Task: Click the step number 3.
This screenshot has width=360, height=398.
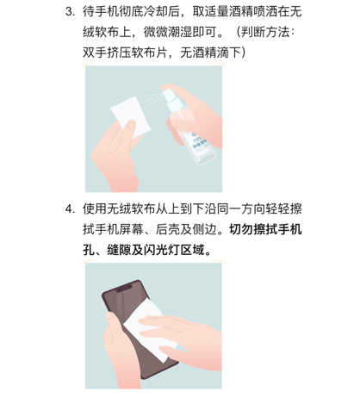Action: pyautogui.click(x=69, y=11)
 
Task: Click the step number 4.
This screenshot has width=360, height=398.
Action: pyautogui.click(x=69, y=208)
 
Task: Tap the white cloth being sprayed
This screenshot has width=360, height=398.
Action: pyautogui.click(x=131, y=117)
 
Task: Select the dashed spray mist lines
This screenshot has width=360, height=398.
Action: pyautogui.click(x=152, y=101)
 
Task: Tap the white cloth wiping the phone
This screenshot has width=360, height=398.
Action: pyautogui.click(x=148, y=330)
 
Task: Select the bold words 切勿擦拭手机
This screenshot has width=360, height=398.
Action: pyautogui.click(x=265, y=229)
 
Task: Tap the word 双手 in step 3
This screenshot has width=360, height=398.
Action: pyautogui.click(x=95, y=53)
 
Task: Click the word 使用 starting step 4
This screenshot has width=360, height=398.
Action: pyautogui.click(x=95, y=208)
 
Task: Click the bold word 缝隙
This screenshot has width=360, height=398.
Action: pyautogui.click(x=119, y=250)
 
